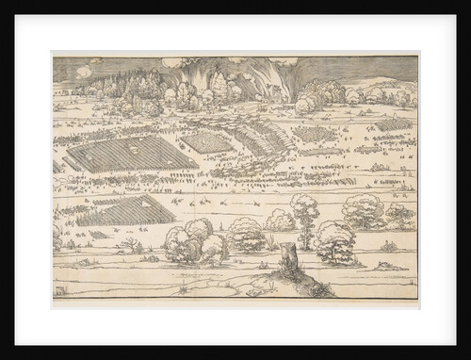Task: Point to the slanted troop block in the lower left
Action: click(x=121, y=211)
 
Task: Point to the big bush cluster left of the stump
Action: click(x=193, y=239)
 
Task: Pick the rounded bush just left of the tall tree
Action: click(x=279, y=221)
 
